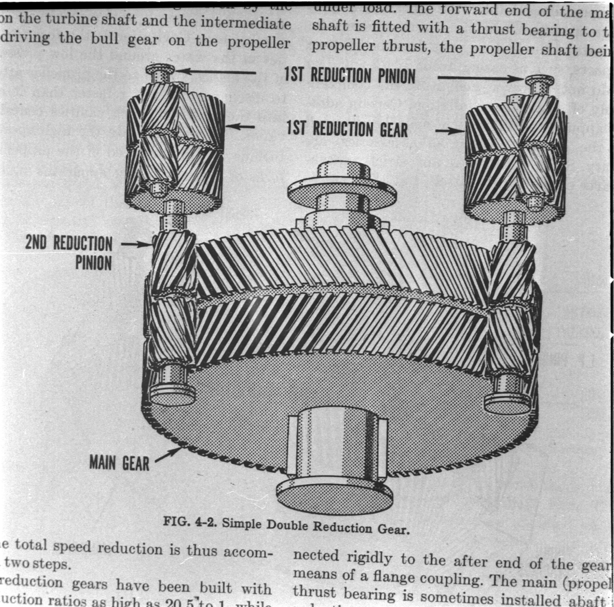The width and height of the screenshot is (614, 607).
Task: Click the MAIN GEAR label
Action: tap(119, 464)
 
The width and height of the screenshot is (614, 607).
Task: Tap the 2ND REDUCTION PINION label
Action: tap(69, 252)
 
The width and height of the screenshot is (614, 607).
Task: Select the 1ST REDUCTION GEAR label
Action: tap(347, 129)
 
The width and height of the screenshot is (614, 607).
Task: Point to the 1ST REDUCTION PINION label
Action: tap(350, 76)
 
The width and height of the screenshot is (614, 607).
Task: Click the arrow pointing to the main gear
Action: tap(169, 453)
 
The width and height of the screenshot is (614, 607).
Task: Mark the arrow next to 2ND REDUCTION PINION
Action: tap(135, 244)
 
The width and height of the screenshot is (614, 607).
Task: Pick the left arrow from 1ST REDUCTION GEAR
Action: tap(240, 126)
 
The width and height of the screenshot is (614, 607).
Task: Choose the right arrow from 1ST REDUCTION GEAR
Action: tap(450, 131)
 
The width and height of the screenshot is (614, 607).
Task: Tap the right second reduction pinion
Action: tap(512, 307)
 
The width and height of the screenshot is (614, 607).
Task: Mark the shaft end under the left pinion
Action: tap(172, 392)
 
